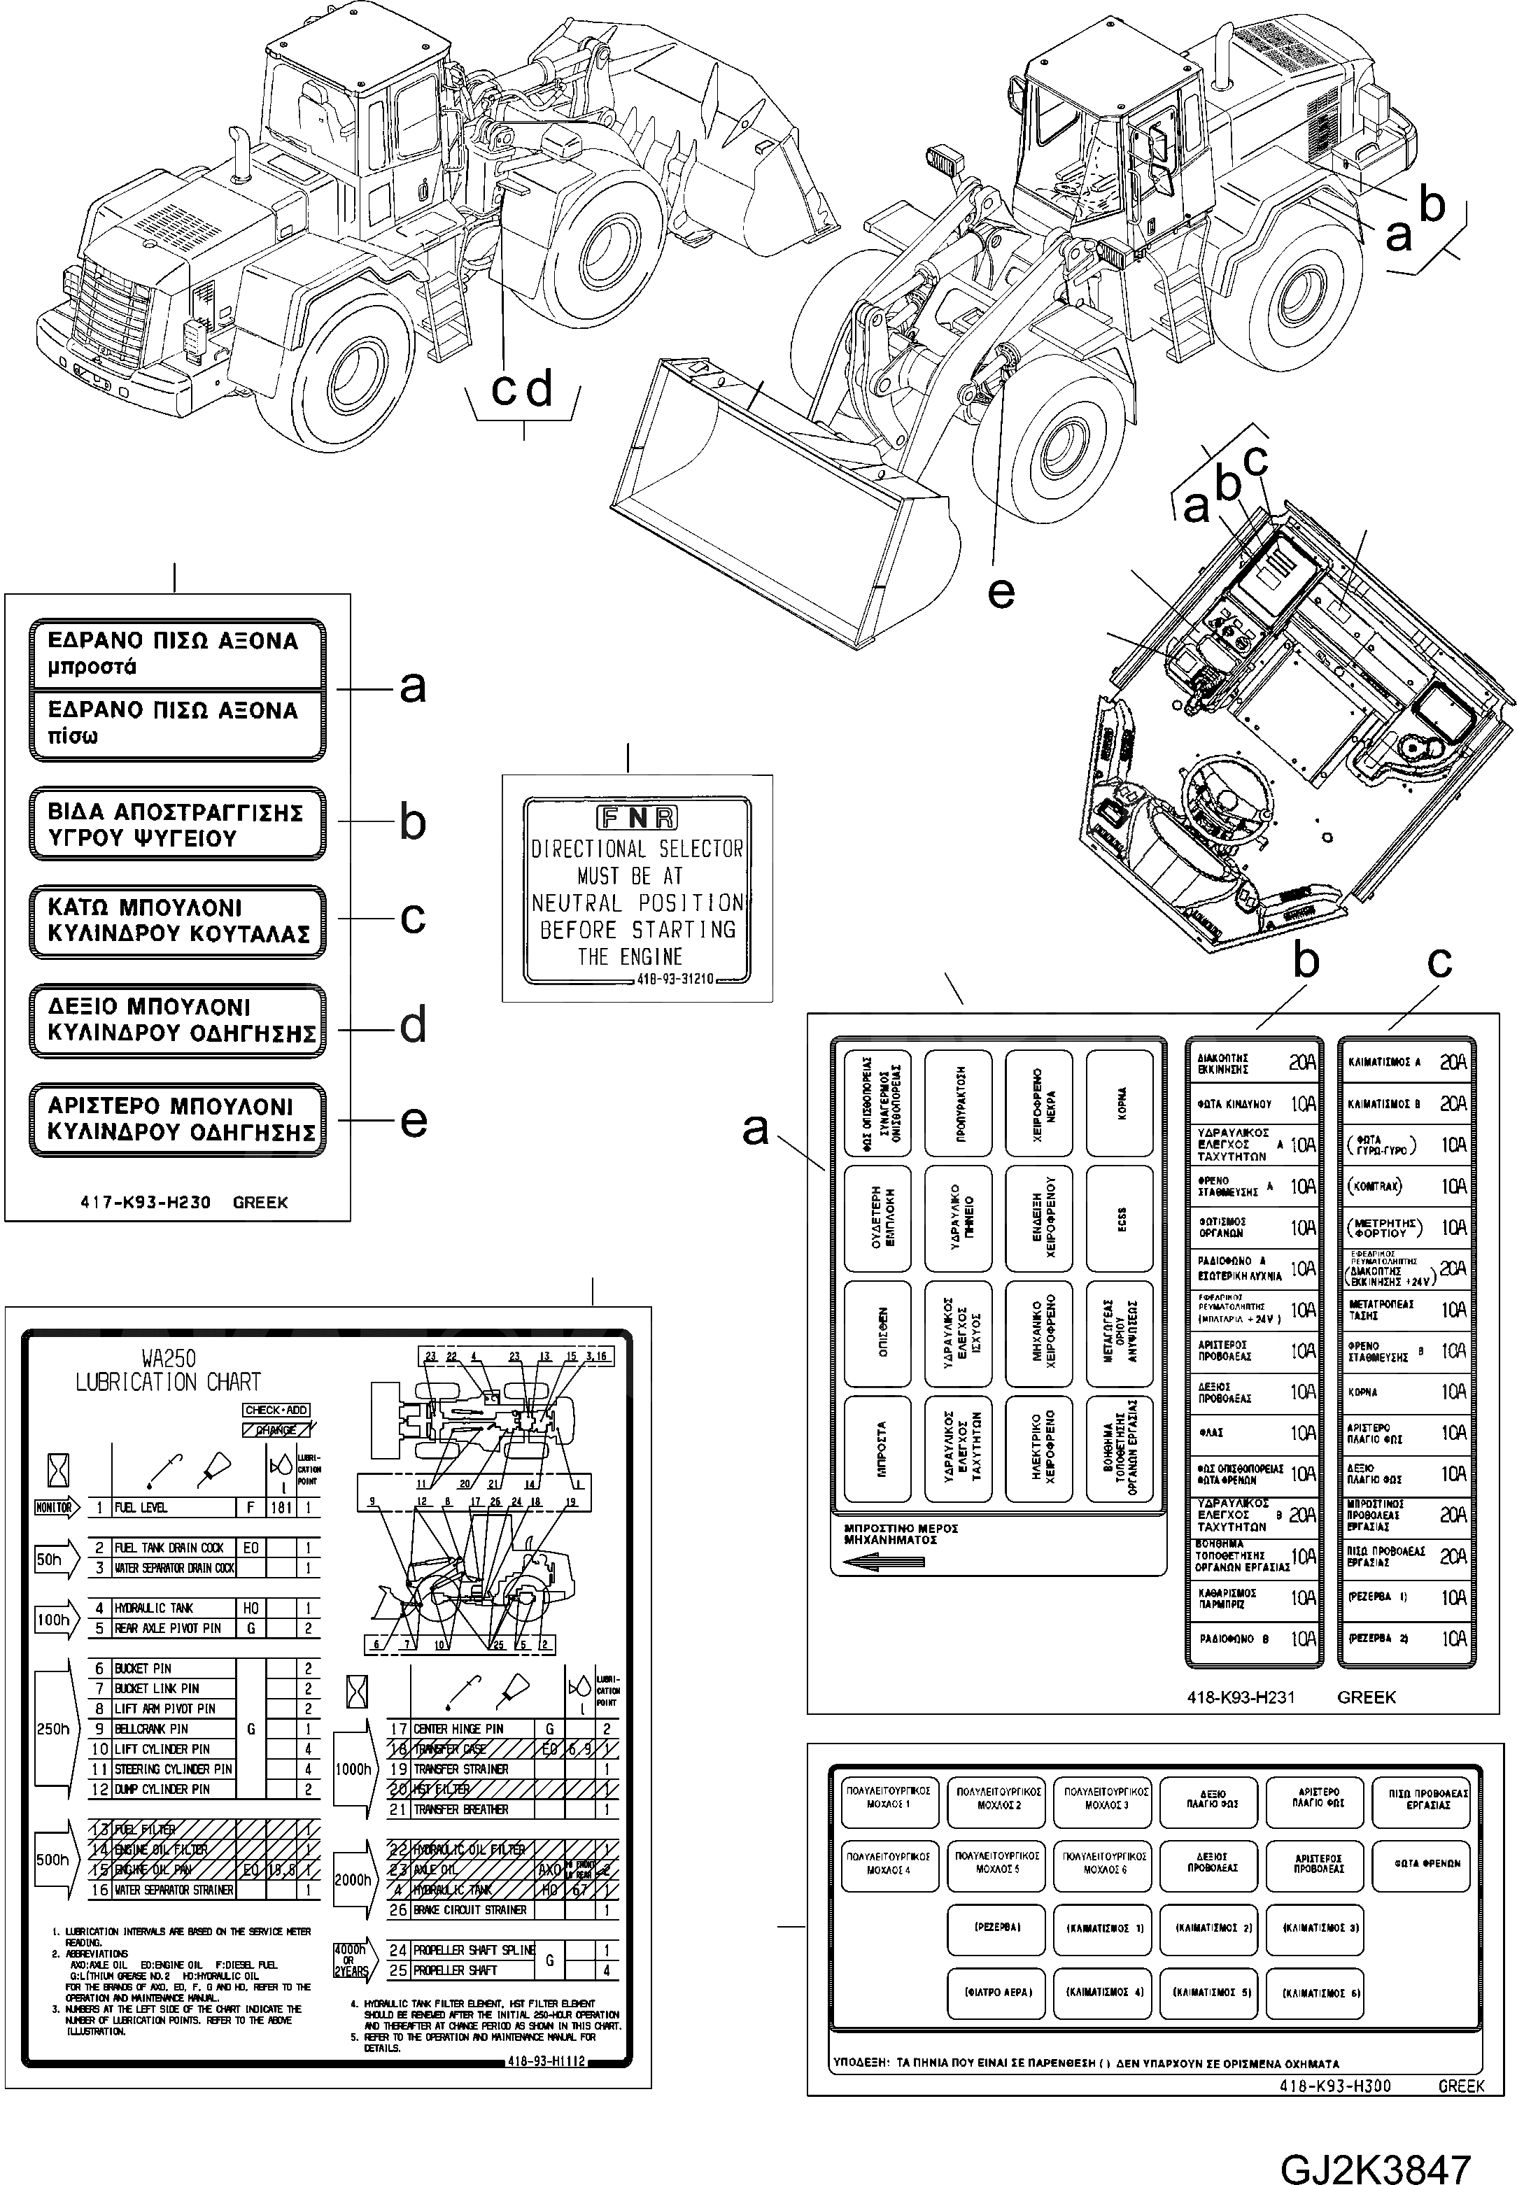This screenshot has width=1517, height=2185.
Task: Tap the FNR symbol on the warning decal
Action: [x=636, y=817]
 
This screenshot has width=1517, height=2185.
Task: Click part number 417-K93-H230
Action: [x=146, y=1202]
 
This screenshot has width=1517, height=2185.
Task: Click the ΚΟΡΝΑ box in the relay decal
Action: [x=1119, y=1103]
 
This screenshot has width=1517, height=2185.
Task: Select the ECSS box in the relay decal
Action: [x=1119, y=1217]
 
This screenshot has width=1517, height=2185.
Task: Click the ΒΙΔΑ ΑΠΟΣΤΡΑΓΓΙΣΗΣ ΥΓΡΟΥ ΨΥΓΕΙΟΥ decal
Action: [x=177, y=824]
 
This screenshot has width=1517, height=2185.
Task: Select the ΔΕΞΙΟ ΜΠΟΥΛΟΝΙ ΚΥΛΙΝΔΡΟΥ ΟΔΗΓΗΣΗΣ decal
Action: [x=177, y=1021]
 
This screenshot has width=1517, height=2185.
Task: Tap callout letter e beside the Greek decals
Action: [x=413, y=1122]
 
